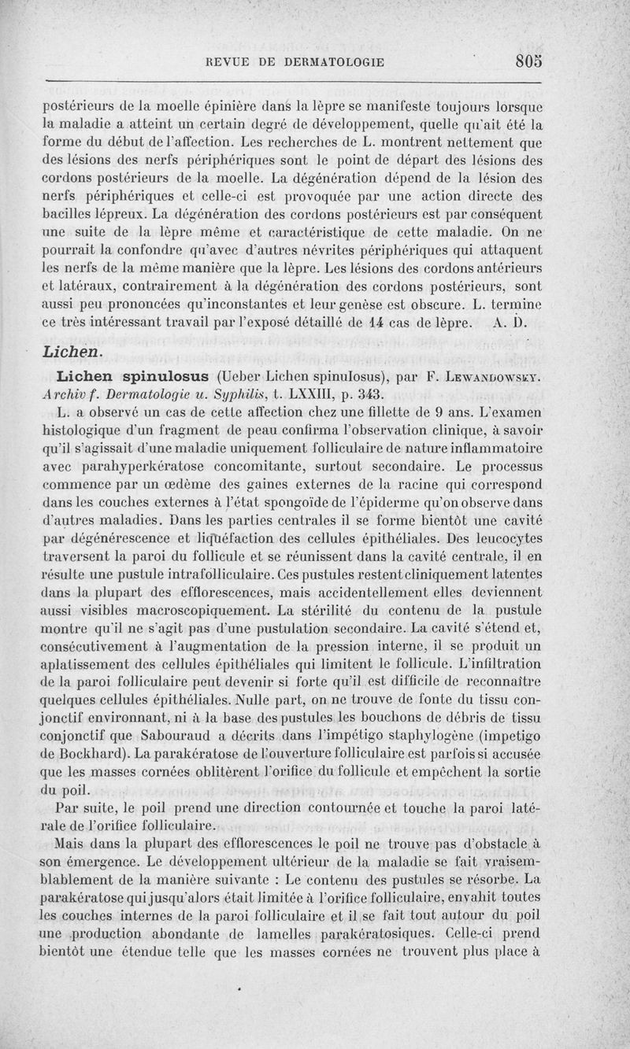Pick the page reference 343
tap(369, 393)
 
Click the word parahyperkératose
tap(132, 466)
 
